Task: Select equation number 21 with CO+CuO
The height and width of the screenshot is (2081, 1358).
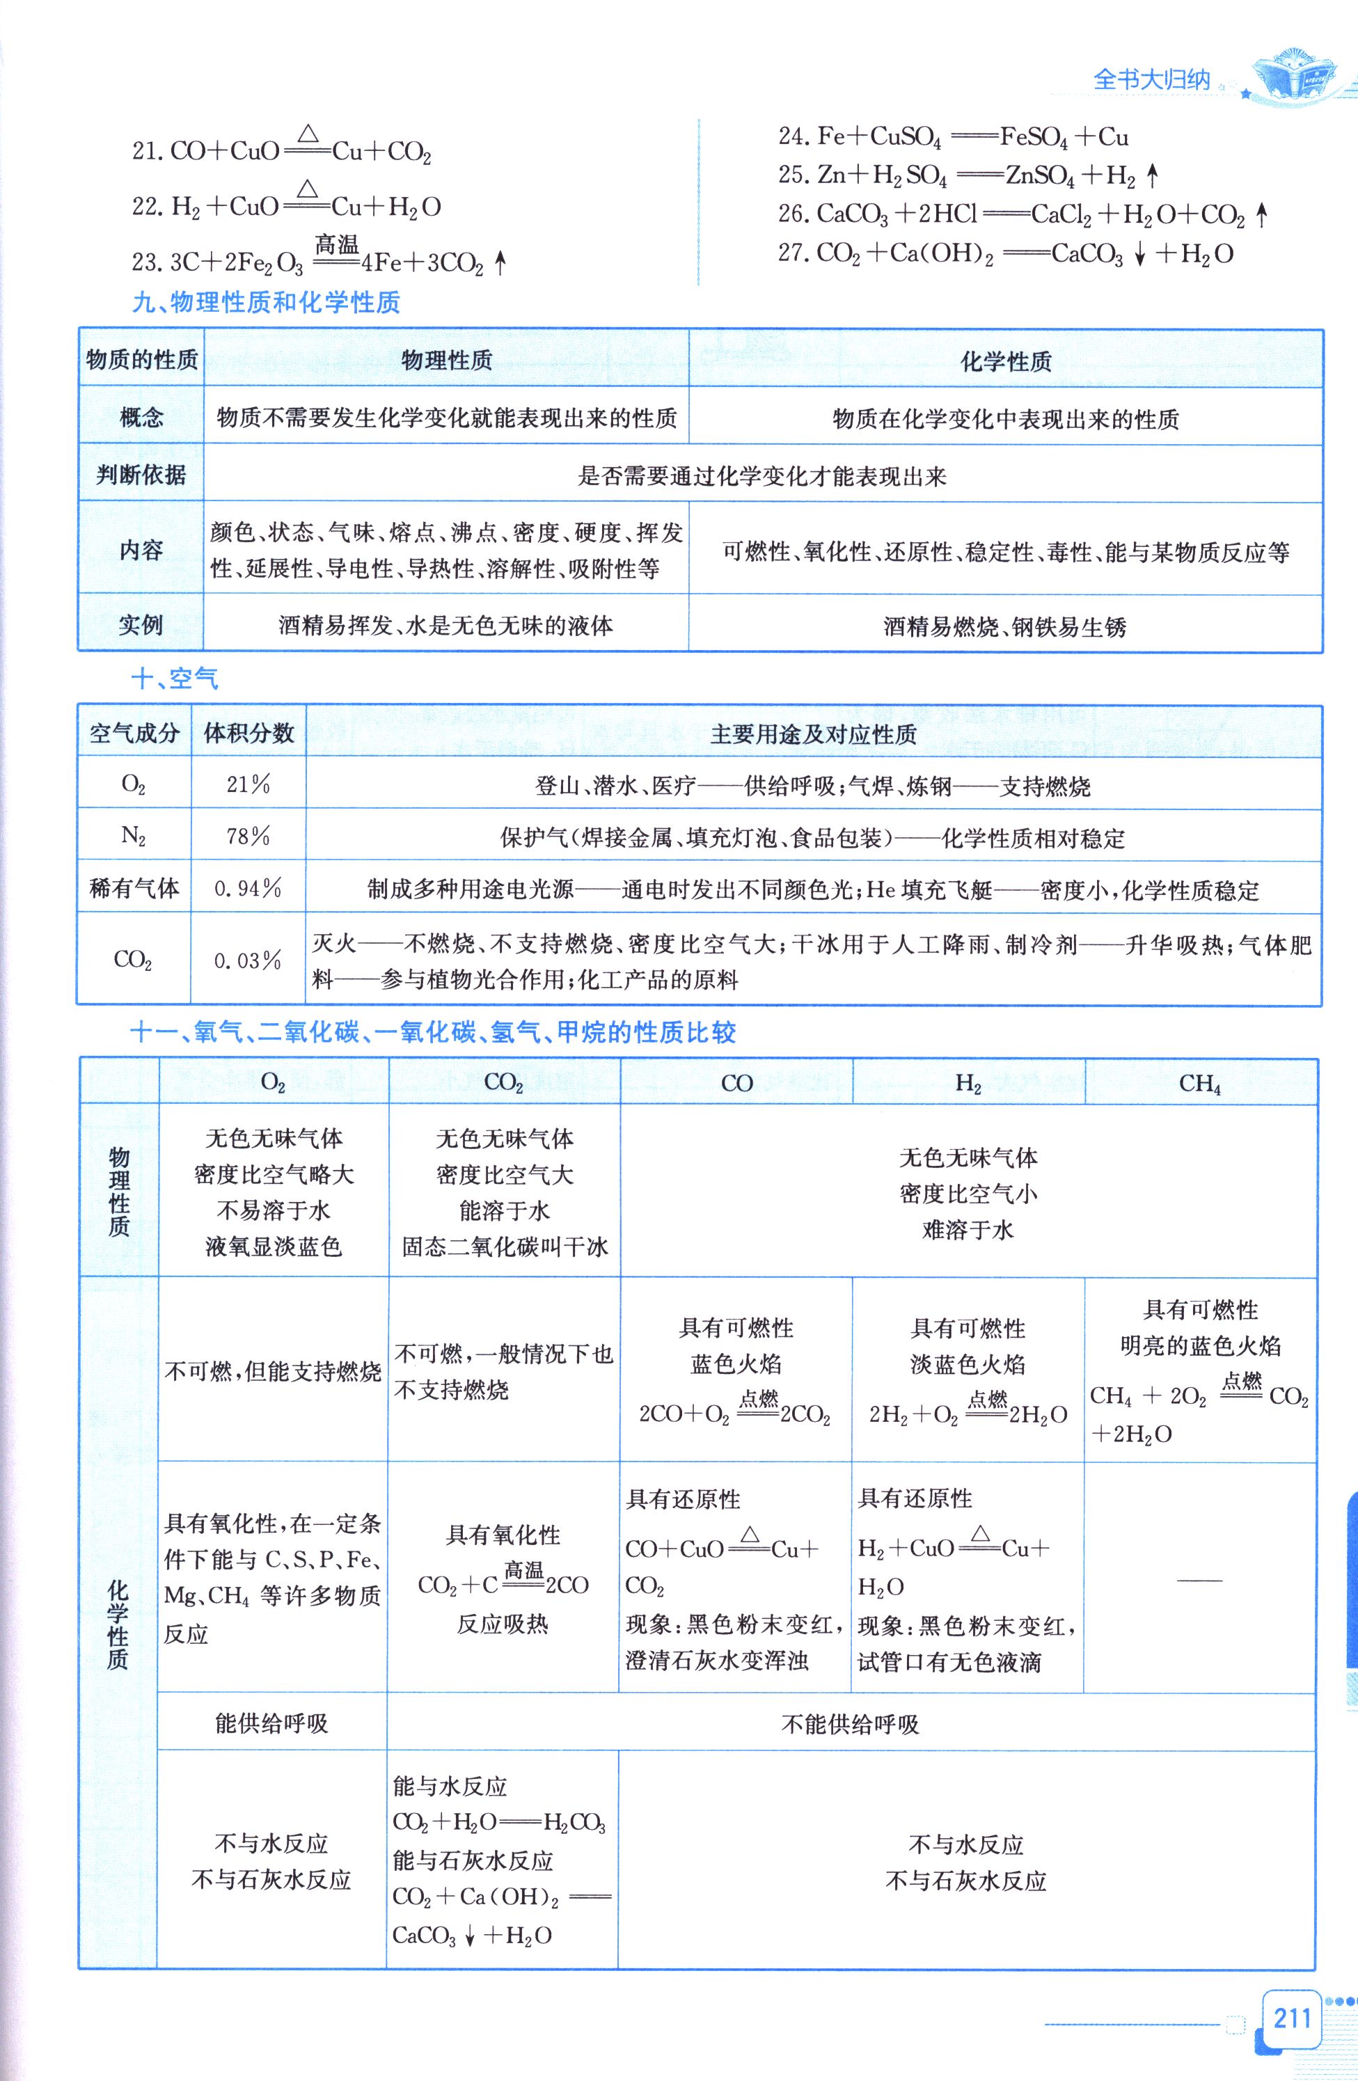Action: (282, 150)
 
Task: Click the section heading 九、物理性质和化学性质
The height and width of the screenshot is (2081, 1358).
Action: (266, 303)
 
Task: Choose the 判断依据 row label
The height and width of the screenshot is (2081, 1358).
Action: (141, 474)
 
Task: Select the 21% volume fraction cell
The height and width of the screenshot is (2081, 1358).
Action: (248, 784)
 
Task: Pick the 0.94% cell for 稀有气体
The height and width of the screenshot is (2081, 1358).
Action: (248, 889)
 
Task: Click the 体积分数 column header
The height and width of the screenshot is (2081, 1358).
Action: (248, 733)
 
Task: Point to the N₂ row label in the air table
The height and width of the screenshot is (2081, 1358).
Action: (133, 837)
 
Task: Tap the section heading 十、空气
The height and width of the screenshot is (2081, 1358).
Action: (174, 678)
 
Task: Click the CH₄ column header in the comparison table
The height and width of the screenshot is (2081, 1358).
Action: (1200, 1084)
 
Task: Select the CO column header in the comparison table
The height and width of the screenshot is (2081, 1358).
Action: (736, 1084)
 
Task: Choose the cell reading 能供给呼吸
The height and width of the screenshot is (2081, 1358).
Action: (272, 1723)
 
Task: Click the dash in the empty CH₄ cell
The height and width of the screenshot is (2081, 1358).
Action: (1200, 1580)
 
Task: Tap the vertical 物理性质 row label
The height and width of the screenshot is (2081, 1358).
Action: (119, 1192)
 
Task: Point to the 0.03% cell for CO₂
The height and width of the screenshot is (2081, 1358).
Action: (248, 960)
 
